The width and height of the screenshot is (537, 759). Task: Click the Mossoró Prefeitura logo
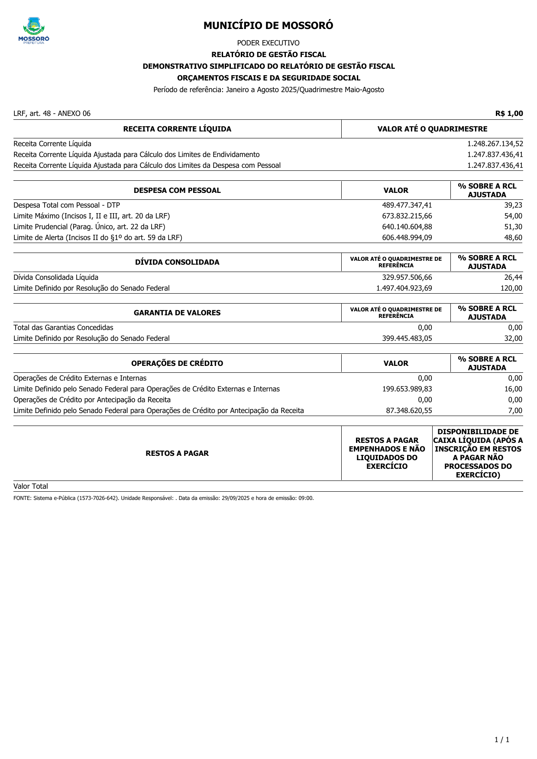[x=34, y=30]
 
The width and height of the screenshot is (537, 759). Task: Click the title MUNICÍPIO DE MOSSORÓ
[x=268, y=26]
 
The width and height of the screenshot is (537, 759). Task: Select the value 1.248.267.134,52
[x=495, y=144]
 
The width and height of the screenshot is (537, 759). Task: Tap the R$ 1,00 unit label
[x=509, y=113]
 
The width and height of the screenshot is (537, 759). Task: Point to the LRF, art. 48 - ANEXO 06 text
[x=52, y=113]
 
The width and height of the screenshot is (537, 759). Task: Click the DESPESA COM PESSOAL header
[x=177, y=190]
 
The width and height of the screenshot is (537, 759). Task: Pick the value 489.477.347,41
[x=407, y=205]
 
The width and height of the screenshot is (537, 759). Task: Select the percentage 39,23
[x=513, y=205]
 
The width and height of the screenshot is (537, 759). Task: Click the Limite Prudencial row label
[x=89, y=227]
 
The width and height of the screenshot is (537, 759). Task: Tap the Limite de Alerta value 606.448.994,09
[x=407, y=237]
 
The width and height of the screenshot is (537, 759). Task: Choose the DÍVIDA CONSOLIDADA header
[x=177, y=262]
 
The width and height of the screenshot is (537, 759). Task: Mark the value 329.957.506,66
[x=407, y=277]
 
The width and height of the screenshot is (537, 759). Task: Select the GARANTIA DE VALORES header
[x=177, y=313]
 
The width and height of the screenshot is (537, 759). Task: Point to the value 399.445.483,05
[x=407, y=338]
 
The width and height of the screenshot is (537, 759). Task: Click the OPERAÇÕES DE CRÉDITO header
[x=177, y=363]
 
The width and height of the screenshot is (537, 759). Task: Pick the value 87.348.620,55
[x=409, y=410]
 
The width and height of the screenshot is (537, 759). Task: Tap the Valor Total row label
[x=31, y=486]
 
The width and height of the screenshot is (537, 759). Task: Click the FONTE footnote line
[x=163, y=498]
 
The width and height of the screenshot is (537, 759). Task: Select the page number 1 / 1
[x=502, y=740]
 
